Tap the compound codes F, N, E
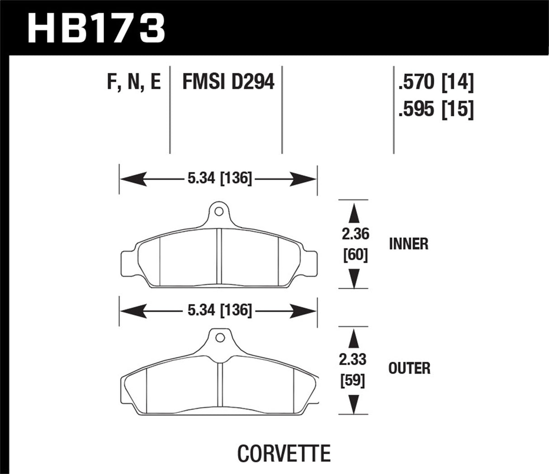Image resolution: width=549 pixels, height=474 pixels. coord(134,83)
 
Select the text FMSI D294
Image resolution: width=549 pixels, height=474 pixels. coord(228,83)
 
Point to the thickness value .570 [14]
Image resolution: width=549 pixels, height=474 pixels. coord(435,83)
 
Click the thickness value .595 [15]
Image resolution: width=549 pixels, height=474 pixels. coord(435,109)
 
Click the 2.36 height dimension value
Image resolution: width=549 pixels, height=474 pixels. coord(355,234)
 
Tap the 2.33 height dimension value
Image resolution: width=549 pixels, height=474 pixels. coord(354,360)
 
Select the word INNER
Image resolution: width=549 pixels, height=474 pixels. coord(408,244)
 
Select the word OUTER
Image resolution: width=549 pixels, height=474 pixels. coord(409,368)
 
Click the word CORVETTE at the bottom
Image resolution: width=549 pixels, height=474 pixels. coord(284,453)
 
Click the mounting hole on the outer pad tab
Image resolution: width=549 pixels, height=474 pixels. coord(220,338)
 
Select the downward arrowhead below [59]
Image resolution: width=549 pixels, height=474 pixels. coord(354,402)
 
